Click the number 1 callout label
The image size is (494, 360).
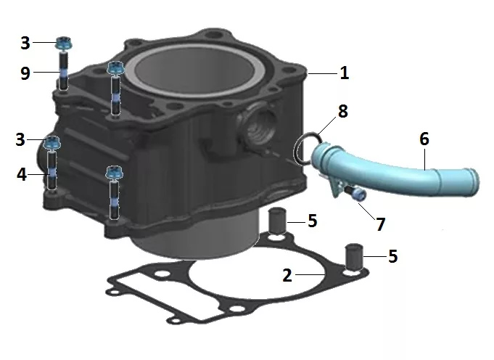345,73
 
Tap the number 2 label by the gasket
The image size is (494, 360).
287,275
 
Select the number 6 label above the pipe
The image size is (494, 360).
424,139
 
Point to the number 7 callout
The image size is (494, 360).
381,224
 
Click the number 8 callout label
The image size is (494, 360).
343,111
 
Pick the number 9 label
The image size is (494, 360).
25,73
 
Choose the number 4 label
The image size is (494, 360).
22,174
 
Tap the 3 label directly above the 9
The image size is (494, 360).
25,43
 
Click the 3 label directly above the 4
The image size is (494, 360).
20,139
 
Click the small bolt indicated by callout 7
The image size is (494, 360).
355,192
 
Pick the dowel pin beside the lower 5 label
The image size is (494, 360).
354,256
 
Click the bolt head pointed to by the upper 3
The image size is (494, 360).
65,43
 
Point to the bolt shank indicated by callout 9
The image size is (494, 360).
64,71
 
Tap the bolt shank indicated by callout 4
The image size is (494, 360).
52,171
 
